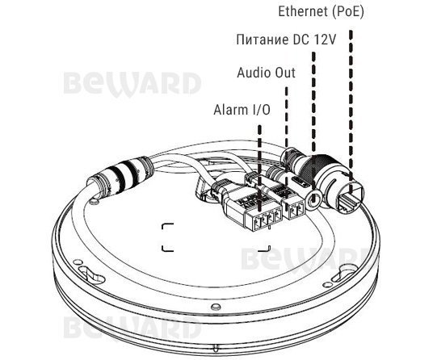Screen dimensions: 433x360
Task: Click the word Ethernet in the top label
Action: click(x=303, y=11)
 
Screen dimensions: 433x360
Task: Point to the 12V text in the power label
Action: click(x=325, y=40)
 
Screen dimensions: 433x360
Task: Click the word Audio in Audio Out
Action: click(x=251, y=73)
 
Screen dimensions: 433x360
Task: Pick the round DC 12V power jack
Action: click(x=313, y=199)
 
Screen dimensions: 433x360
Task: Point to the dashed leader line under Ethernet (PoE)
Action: click(x=351, y=111)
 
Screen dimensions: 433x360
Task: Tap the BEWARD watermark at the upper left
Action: click(x=132, y=84)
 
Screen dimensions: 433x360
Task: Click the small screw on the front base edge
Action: click(x=215, y=307)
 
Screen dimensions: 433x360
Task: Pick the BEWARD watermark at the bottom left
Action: click(x=132, y=328)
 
